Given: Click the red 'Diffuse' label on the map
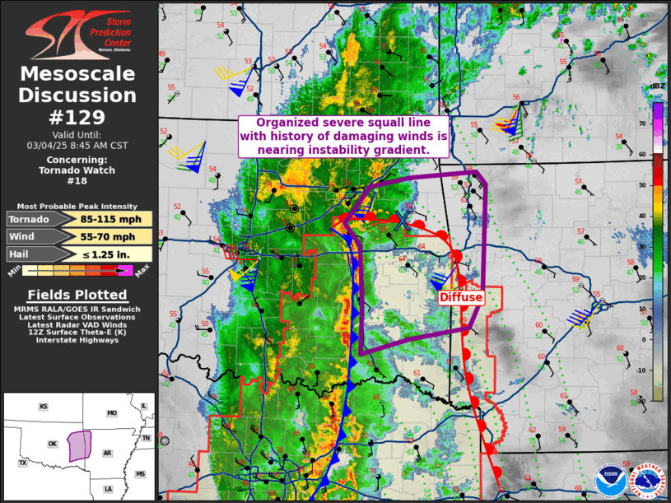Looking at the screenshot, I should pyautogui.click(x=460, y=296).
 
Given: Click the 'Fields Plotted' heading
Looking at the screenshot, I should pyautogui.click(x=78, y=295).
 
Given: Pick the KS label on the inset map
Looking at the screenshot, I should pyautogui.click(x=43, y=408).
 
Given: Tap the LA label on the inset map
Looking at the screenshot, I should pyautogui.click(x=108, y=489).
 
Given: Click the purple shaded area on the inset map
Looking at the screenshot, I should pyautogui.click(x=80, y=445).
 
